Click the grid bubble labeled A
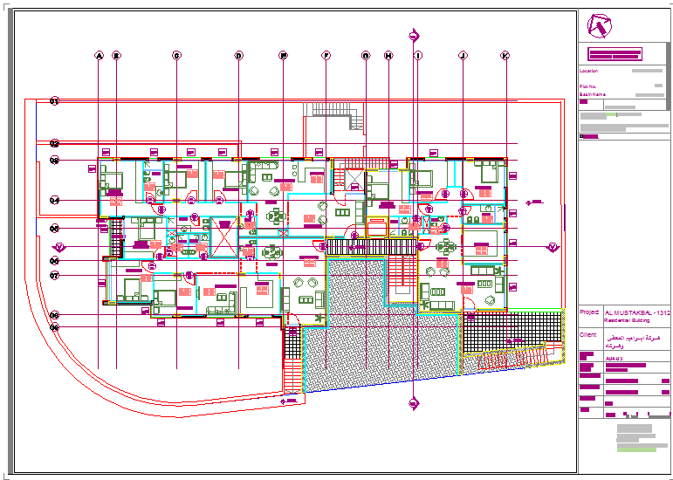[x=99, y=56]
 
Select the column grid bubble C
[x=176, y=56]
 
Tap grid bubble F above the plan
[x=326, y=56]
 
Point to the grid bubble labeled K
[x=505, y=56]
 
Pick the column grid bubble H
[x=388, y=56]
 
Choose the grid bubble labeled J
[x=463, y=56]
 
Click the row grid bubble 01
[x=54, y=101]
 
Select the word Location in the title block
[x=588, y=71]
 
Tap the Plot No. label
[x=588, y=86]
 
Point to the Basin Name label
[x=592, y=94]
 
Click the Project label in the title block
[x=589, y=311]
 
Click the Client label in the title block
[x=588, y=334]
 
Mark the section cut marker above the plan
[x=414, y=36]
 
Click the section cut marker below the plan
[x=414, y=402]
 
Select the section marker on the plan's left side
[x=59, y=246]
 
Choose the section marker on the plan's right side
[x=552, y=247]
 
